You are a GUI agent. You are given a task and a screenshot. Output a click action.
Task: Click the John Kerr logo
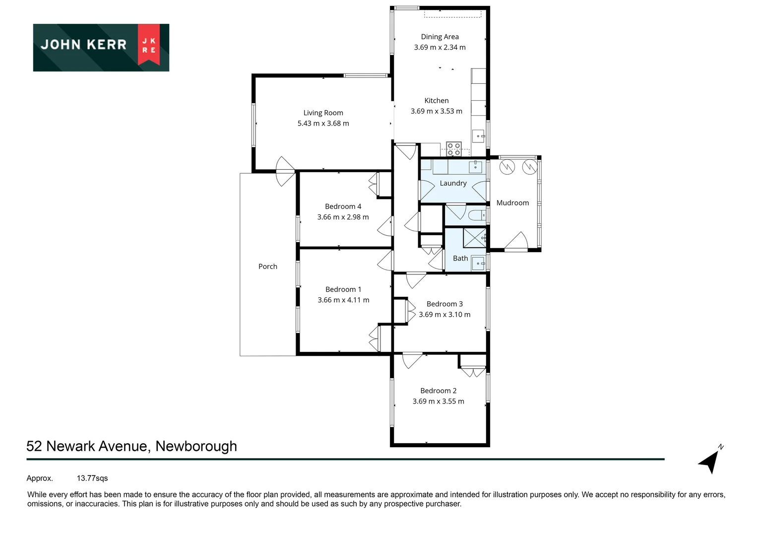click(101, 47)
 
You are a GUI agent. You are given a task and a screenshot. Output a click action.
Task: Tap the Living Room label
click(323, 113)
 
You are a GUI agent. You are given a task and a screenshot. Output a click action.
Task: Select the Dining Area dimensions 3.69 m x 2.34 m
click(440, 48)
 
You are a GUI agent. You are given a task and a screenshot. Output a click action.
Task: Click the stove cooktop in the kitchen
click(454, 149)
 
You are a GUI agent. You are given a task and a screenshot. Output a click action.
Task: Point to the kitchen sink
click(478, 134)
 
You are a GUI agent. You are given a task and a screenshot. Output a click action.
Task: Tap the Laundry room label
click(453, 183)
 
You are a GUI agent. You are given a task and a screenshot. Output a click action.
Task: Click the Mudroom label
click(512, 203)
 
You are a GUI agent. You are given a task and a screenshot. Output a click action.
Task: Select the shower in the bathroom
click(475, 238)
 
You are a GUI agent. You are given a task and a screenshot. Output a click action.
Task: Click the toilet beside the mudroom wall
click(477, 215)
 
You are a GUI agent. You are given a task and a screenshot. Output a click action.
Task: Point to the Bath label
click(460, 259)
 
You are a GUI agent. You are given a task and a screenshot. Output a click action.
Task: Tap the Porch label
click(268, 267)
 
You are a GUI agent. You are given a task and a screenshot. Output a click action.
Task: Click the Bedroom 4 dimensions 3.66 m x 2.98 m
click(343, 217)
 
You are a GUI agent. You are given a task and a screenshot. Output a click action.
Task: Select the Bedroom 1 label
click(343, 289)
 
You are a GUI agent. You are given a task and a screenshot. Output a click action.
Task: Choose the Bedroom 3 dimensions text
click(444, 315)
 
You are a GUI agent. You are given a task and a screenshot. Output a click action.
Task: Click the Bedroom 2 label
click(439, 391)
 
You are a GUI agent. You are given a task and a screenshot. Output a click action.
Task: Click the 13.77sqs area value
click(92, 478)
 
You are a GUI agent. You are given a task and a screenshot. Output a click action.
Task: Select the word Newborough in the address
click(196, 446)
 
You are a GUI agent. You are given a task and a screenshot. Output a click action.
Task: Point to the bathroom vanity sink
click(478, 263)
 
